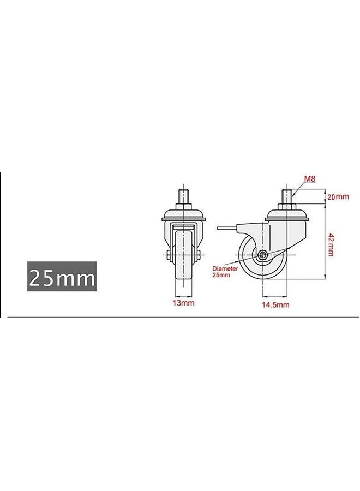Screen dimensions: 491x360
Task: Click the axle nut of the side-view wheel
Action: (263, 255)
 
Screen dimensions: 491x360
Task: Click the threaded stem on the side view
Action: (287, 195)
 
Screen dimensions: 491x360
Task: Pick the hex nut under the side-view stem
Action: (287, 206)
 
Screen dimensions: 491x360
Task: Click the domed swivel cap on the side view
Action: (287, 215)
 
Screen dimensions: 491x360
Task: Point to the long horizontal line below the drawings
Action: (180, 316)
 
